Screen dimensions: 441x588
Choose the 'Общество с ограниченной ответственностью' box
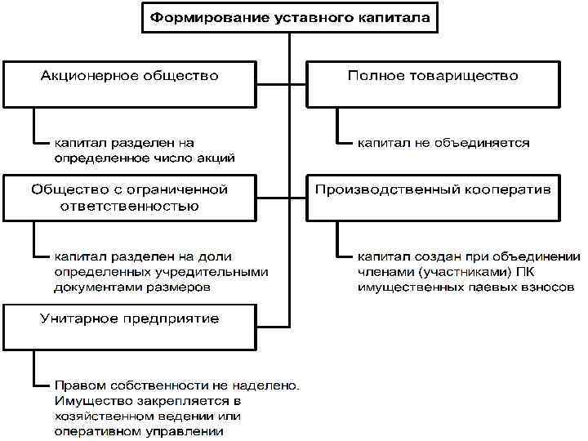tap(130, 197)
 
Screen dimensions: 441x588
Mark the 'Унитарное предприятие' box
tap(130, 326)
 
